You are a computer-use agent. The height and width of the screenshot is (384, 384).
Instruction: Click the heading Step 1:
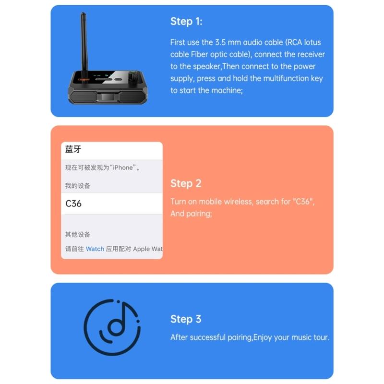pyautogui.click(x=186, y=22)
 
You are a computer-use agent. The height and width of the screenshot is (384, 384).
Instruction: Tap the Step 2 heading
pyautogui.click(x=186, y=183)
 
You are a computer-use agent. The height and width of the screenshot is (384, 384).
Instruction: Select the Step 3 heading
pyautogui.click(x=186, y=319)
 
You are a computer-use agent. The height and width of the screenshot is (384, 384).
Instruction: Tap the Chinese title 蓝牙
pyautogui.click(x=73, y=149)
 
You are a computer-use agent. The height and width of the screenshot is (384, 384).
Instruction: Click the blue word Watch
pyautogui.click(x=95, y=249)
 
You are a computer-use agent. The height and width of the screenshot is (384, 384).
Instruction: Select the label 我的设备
pyautogui.click(x=78, y=186)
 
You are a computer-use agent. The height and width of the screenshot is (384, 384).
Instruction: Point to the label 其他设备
pyautogui.click(x=78, y=235)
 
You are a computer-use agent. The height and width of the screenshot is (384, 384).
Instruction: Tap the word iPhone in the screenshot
pyautogui.click(x=122, y=168)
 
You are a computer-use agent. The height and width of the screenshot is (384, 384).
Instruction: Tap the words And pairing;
pyautogui.click(x=191, y=214)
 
